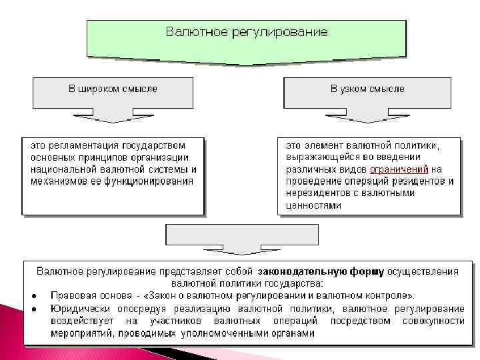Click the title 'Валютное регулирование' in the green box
click(x=247, y=32)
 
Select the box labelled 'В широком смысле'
click(x=113, y=89)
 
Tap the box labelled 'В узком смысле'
click(x=367, y=89)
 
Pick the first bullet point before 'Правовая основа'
click(x=32, y=295)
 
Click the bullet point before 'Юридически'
click(x=32, y=309)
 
